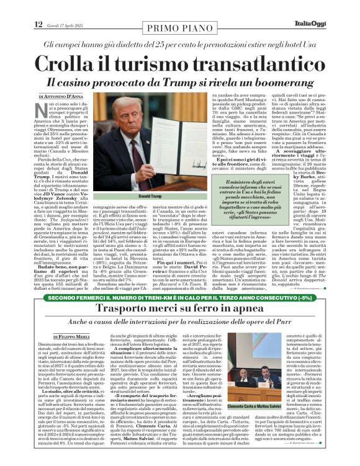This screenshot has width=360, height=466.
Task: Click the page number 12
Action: [39, 25]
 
